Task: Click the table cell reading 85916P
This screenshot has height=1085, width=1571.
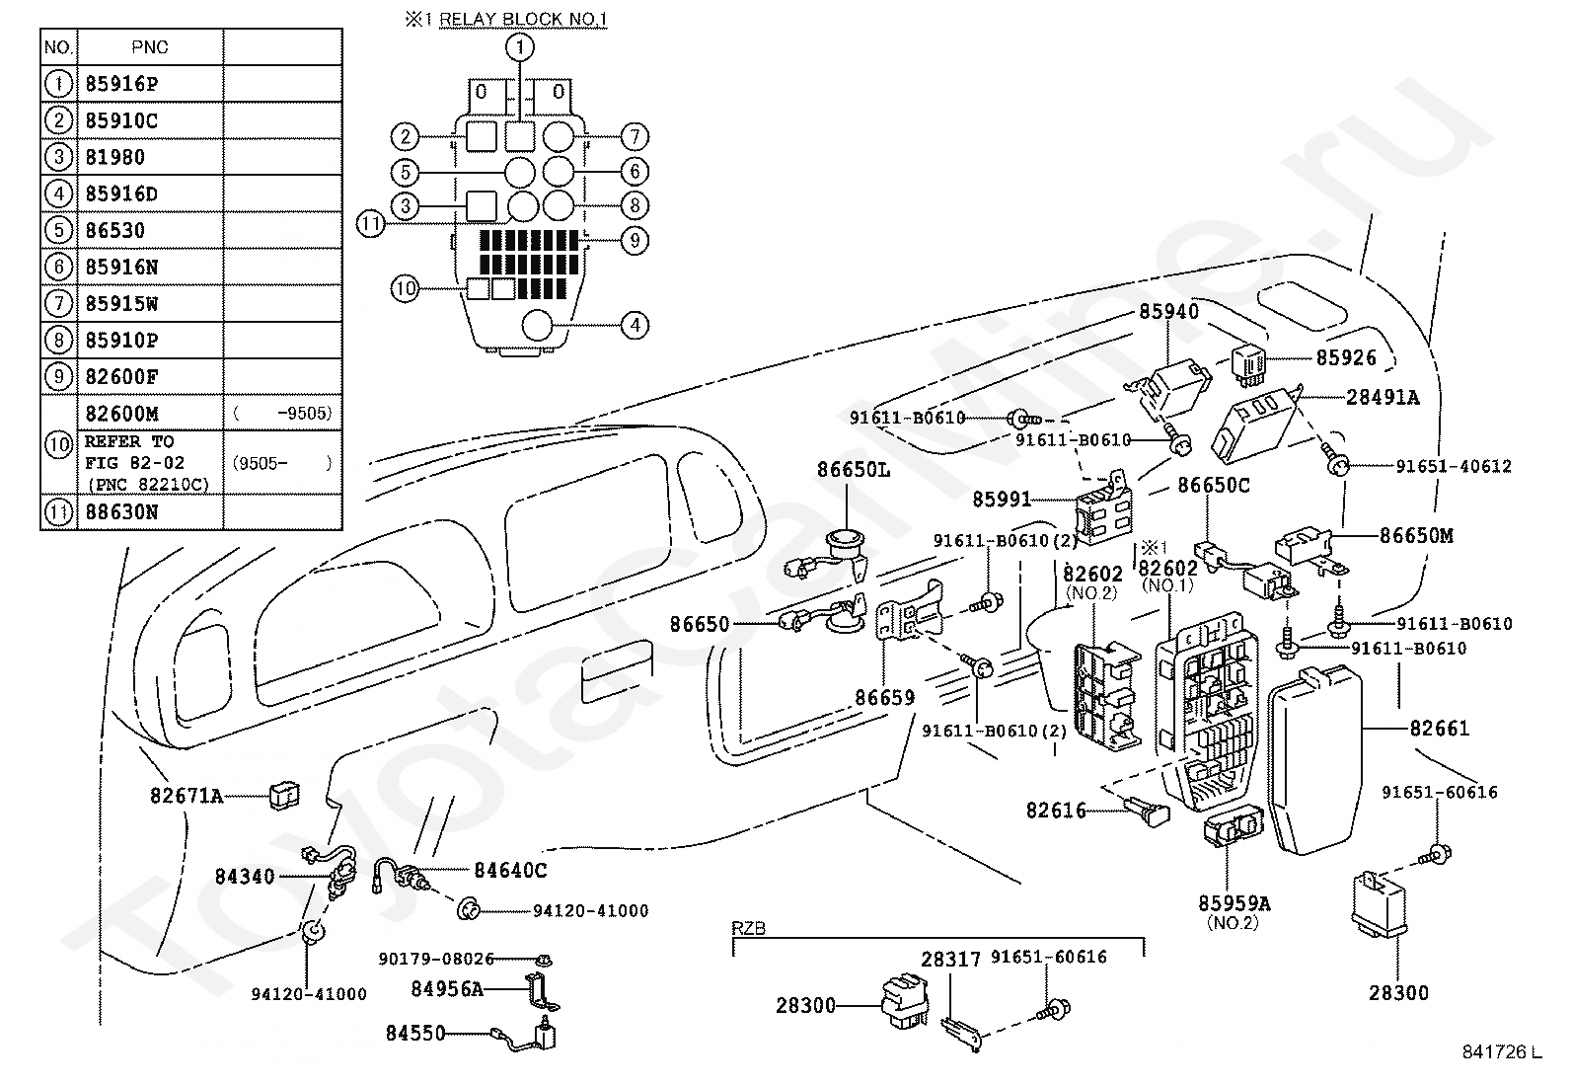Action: coord(121,84)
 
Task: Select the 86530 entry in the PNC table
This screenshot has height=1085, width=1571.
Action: coord(115,230)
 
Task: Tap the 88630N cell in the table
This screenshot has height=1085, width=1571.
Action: coord(121,512)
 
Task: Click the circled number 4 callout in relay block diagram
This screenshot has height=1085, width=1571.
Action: coord(635,324)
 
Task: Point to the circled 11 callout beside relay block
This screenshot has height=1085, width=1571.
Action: coord(370,224)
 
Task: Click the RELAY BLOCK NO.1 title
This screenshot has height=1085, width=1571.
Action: coord(523,19)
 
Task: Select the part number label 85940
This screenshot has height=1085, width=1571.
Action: coord(1169,312)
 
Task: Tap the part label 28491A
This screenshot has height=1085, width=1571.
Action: coord(1383,397)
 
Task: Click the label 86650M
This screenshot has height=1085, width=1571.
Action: coord(1416,535)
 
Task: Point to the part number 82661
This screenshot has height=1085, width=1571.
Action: coord(1439,729)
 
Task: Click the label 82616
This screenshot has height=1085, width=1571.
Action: coord(1056,811)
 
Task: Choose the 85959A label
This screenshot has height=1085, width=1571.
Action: coord(1234,903)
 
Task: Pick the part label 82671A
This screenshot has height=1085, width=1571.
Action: coord(187,795)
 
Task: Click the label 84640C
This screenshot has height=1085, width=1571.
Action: coord(510,870)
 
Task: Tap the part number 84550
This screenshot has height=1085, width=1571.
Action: coord(415,1033)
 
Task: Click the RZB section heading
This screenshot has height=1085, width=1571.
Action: coord(749,928)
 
